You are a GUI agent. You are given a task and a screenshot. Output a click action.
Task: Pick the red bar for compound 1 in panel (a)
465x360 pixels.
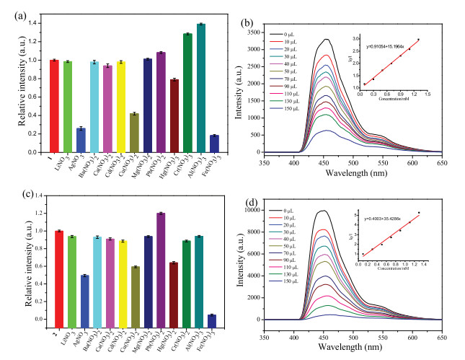pos(54,106)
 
